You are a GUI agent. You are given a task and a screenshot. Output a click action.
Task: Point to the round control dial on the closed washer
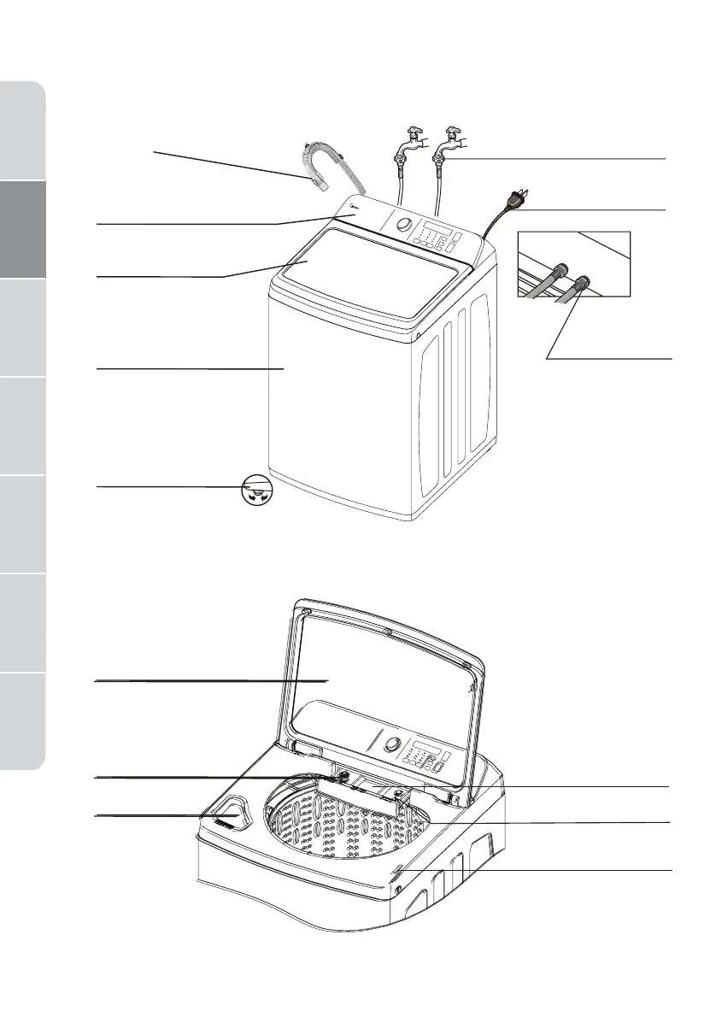click(x=405, y=226)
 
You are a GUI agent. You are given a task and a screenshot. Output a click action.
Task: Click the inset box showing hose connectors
click(x=573, y=263)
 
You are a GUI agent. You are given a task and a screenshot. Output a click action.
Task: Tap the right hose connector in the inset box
click(x=584, y=282)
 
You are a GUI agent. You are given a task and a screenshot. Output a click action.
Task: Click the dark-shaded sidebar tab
click(x=22, y=230)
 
